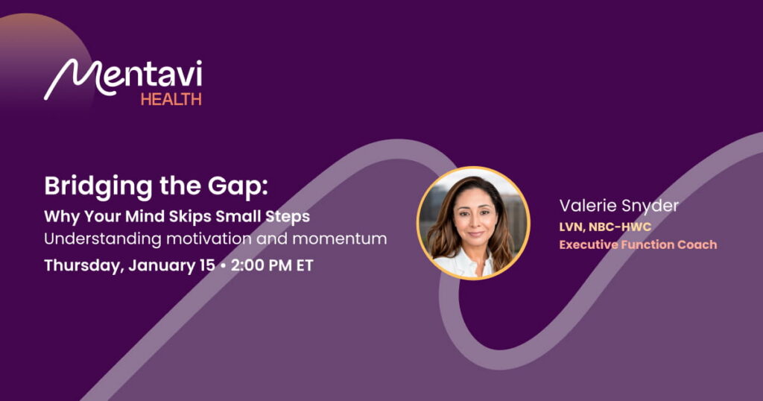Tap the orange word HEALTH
click(x=171, y=99)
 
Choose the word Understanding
click(x=103, y=239)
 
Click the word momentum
click(x=340, y=239)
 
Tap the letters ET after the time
click(x=305, y=265)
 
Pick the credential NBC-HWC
click(x=620, y=227)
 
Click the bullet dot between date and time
click(x=223, y=265)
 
